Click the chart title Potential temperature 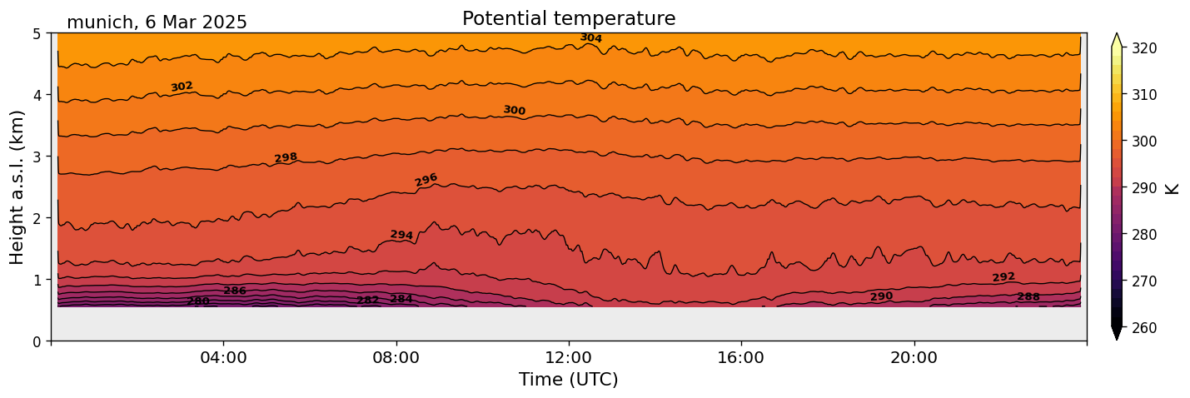[569, 18]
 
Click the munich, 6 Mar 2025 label [157, 22]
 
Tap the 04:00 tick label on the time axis [223, 357]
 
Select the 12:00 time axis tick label [569, 357]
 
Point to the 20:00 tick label [914, 357]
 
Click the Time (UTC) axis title [569, 380]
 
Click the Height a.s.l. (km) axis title [17, 187]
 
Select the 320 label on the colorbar [1143, 48]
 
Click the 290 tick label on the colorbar [1143, 188]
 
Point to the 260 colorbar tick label [1143, 328]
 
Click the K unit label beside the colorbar [1173, 188]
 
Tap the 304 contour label [591, 38]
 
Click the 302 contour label [182, 87]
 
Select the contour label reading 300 [514, 111]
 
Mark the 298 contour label [286, 158]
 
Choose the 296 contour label [426, 180]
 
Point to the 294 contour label [401, 236]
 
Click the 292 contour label [1003, 277]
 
